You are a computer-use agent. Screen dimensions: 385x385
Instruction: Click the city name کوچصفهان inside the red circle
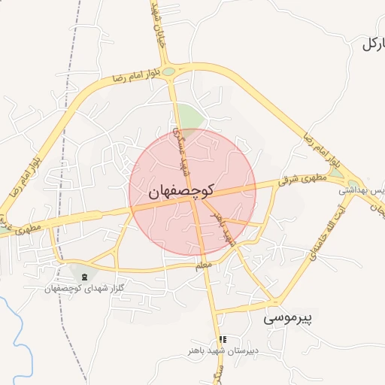pos(182,191)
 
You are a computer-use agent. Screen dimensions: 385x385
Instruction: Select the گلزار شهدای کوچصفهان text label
pos(84,289)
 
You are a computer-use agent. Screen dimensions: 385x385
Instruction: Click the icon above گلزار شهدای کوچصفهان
pos(83,277)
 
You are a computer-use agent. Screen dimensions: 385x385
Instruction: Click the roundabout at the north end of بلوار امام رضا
pos(169,72)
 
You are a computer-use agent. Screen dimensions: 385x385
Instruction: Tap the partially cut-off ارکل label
pos(372,43)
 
